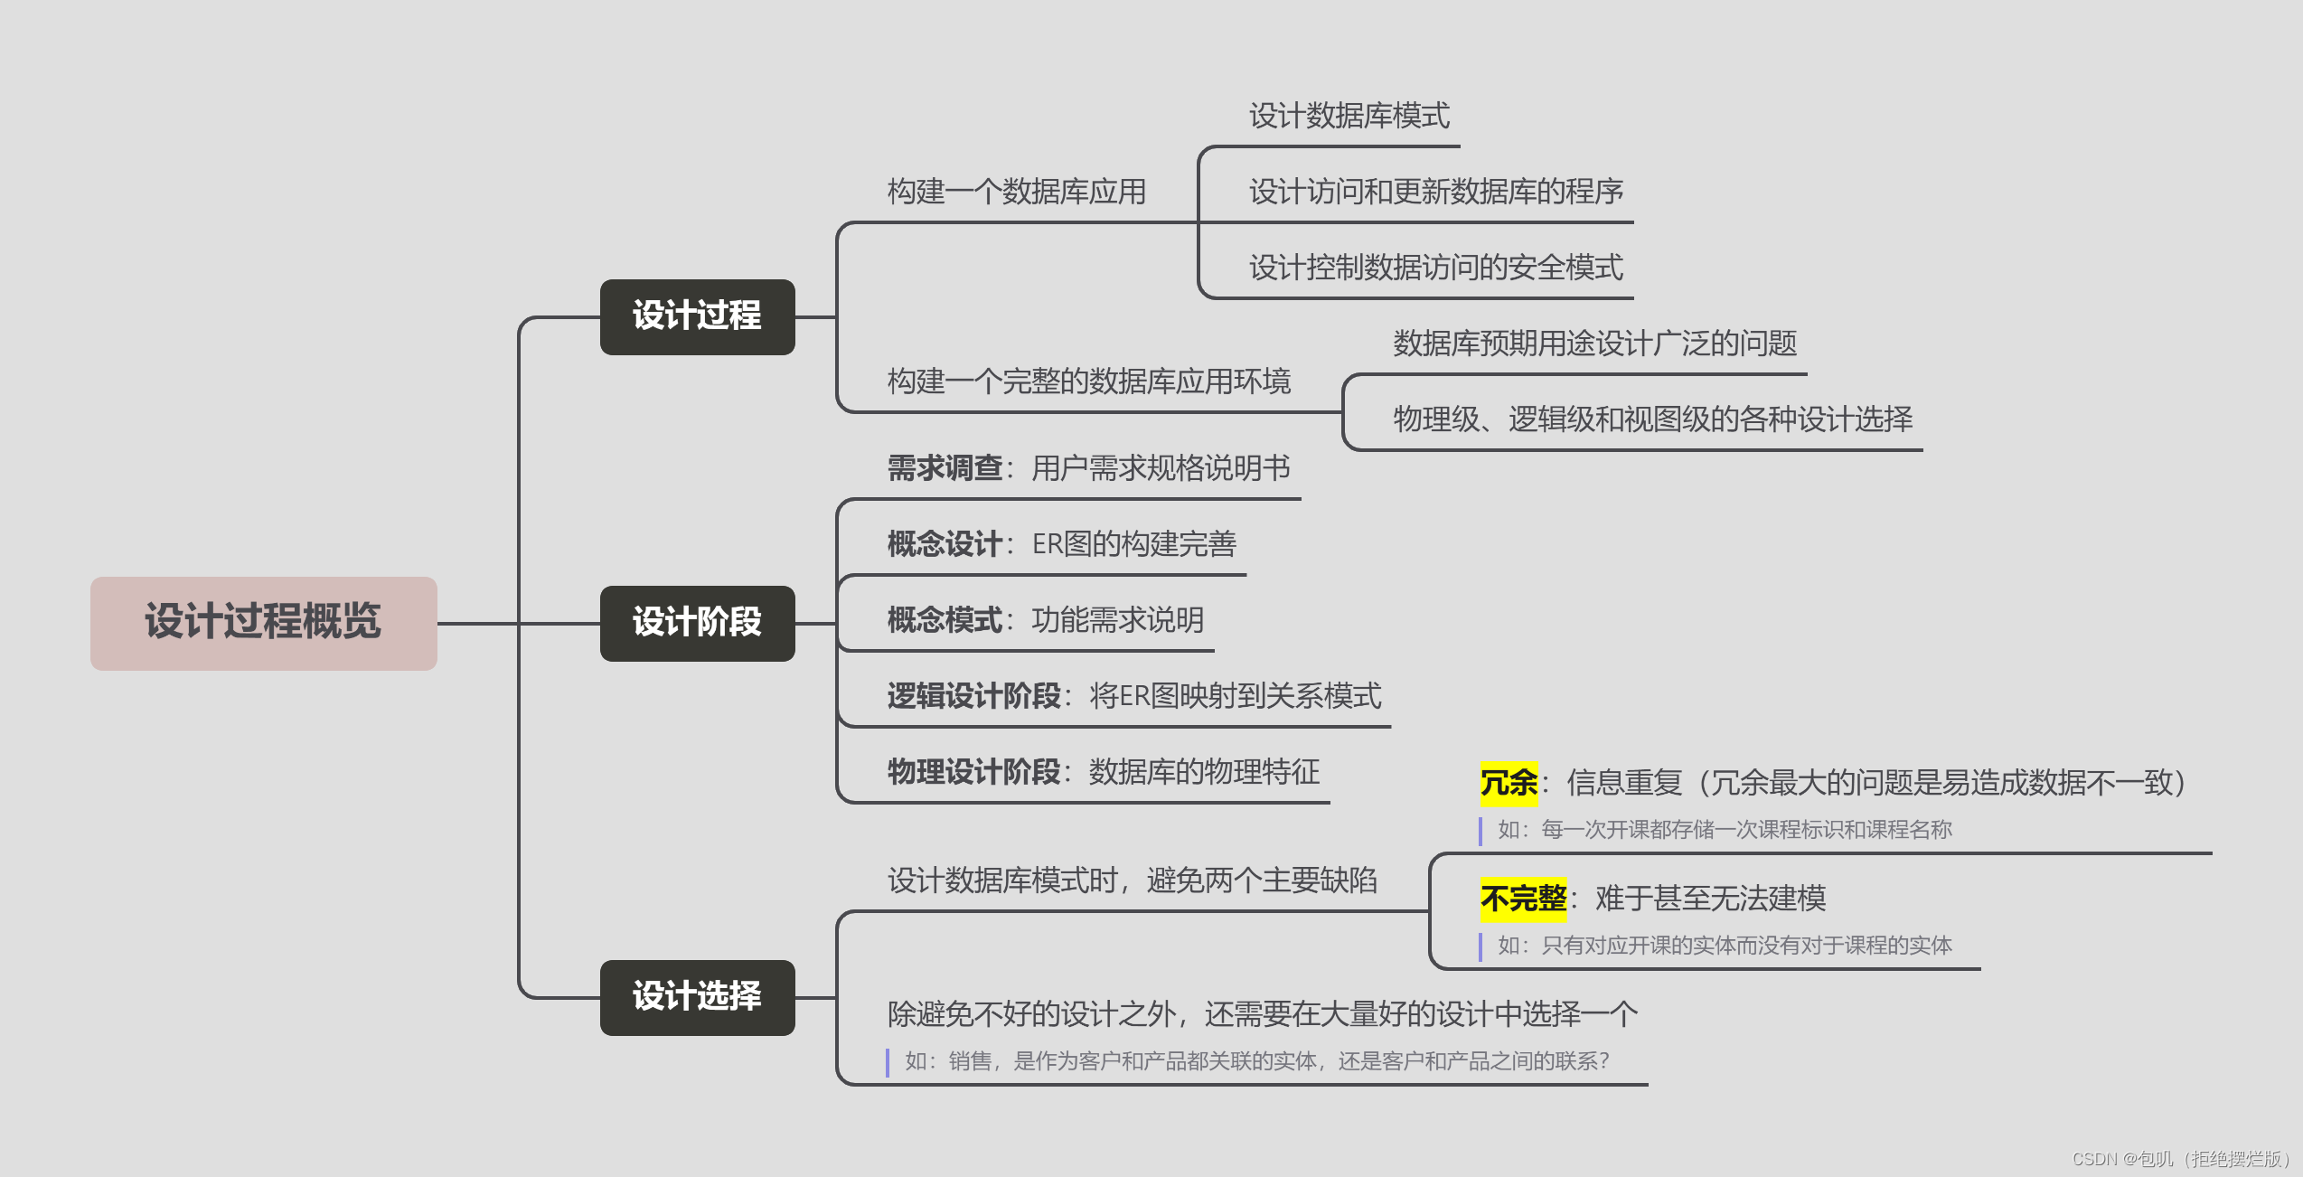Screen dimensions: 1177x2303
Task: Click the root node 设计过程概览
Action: [263, 623]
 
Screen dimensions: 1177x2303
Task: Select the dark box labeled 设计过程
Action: [697, 316]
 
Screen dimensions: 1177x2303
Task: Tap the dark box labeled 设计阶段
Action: [697, 623]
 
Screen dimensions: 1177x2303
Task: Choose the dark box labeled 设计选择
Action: [697, 997]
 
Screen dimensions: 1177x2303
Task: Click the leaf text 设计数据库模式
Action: [1349, 116]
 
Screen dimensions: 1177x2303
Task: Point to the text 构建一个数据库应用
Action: [1016, 192]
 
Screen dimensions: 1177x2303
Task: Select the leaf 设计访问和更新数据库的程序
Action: [1435, 192]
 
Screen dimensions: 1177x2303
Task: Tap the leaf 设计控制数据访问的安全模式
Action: [1435, 268]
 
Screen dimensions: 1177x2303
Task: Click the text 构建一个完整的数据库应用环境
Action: [1088, 381]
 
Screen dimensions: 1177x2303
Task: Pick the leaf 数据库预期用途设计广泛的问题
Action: [1594, 344]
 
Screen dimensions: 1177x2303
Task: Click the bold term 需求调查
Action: [944, 468]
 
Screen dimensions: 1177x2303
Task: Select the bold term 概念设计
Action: [944, 544]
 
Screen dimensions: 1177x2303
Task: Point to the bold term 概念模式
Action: [944, 620]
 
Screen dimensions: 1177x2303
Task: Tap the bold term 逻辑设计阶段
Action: [973, 696]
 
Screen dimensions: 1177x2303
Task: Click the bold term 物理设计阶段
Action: [973, 772]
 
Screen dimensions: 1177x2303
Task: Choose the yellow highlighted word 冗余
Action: [1508, 783]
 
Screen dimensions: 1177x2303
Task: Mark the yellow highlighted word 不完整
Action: [1522, 899]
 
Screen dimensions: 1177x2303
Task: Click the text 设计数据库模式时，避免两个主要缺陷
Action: [1132, 880]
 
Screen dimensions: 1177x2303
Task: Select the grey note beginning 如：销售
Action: [1256, 1061]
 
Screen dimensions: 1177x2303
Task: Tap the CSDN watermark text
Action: [2178, 1159]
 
